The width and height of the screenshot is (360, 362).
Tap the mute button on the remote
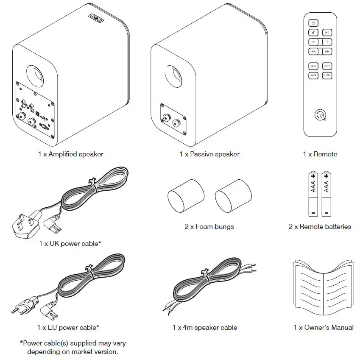[x=313, y=32]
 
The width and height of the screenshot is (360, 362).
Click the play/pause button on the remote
[x=327, y=32]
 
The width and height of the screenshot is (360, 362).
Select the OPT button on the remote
[x=327, y=66]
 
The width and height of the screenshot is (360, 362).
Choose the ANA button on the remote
[x=313, y=75]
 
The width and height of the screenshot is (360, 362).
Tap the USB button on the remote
[x=327, y=75]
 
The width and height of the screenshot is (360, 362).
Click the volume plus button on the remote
[x=327, y=42]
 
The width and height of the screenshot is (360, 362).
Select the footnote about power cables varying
[x=73, y=347]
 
